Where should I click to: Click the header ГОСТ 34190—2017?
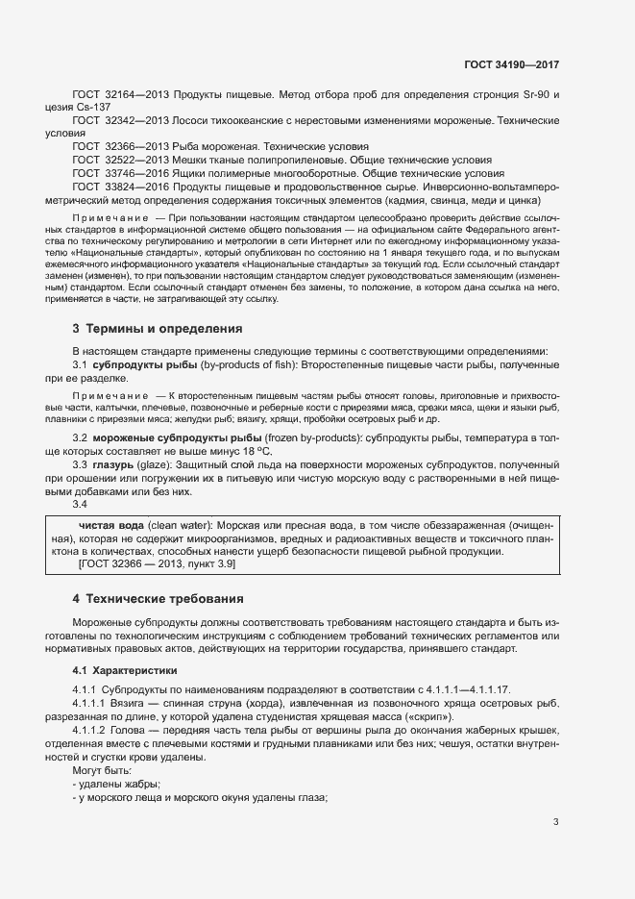[x=510, y=64]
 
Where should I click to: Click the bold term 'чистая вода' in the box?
[x=111, y=526]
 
